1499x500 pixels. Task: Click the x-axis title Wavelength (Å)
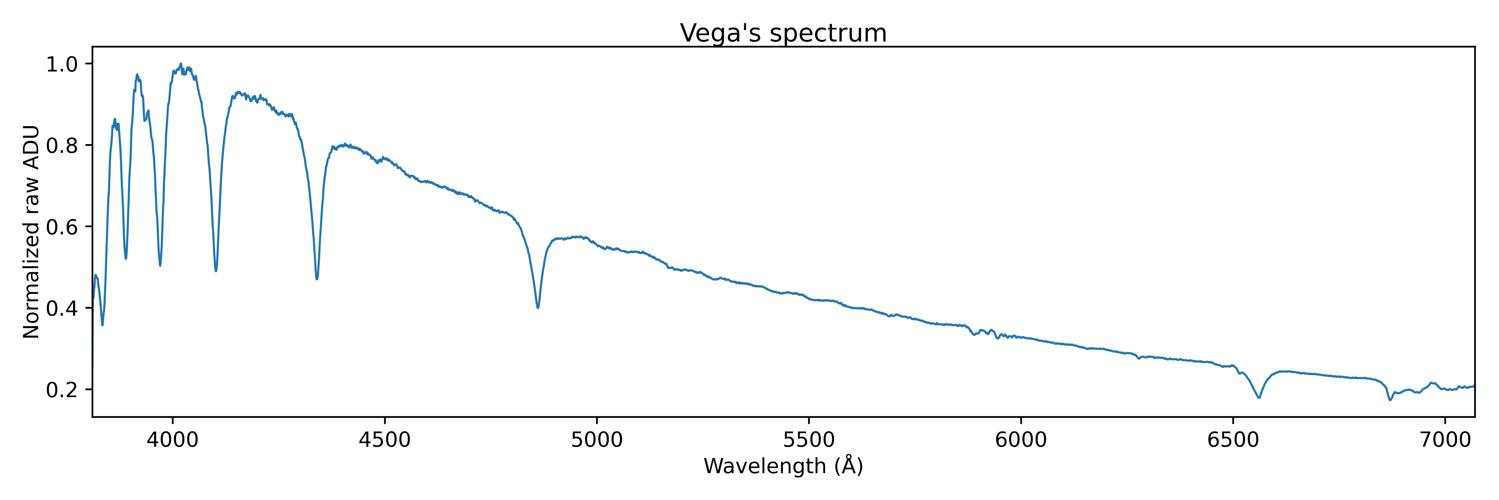(783, 466)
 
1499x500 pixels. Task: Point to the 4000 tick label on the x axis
(173, 440)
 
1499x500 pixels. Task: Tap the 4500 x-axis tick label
(385, 440)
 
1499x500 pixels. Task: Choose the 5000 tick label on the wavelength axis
(597, 440)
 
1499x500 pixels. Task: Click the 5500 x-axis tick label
(809, 440)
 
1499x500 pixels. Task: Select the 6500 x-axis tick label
(1233, 440)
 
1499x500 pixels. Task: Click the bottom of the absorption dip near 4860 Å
(538, 307)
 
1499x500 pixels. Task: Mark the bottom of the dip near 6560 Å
(1259, 397)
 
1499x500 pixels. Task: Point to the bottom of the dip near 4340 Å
(317, 279)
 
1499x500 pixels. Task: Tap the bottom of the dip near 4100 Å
(216, 271)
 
